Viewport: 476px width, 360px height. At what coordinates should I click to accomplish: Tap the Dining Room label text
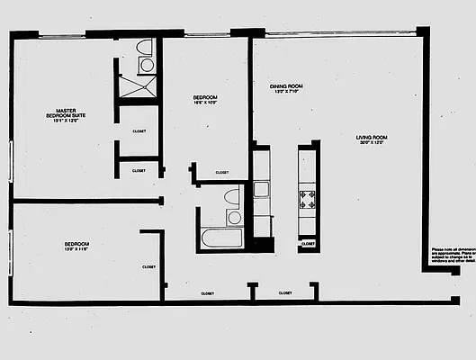point(285,86)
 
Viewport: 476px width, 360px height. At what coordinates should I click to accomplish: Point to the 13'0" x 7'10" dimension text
point(285,93)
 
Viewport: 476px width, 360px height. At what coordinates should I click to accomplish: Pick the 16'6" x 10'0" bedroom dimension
point(205,103)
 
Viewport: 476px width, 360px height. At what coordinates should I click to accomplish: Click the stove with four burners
point(308,197)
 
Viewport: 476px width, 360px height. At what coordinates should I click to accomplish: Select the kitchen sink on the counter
point(262,190)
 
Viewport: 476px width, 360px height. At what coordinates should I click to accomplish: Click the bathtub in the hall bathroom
point(220,239)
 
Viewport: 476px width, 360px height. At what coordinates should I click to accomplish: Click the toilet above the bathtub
point(232,197)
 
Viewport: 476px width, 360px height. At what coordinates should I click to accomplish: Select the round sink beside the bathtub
point(234,217)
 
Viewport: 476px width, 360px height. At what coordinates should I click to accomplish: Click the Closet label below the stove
point(308,243)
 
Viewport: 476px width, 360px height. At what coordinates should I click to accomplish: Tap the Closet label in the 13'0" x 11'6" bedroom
point(148,266)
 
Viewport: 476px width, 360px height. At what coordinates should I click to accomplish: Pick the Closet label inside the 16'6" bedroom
point(221,173)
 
